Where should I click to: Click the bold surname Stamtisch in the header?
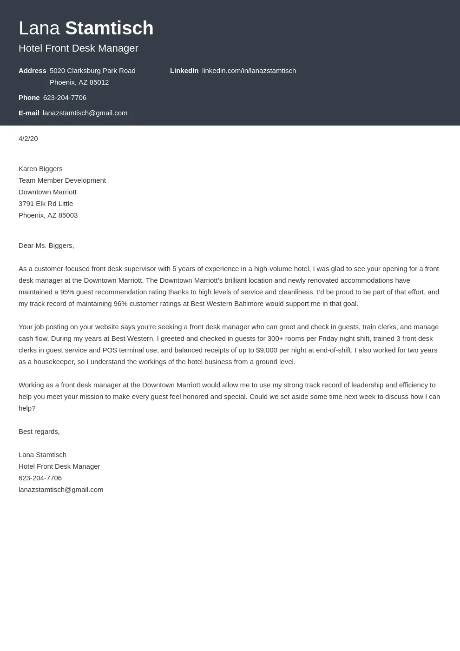click(109, 28)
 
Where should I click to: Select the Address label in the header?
click(33, 71)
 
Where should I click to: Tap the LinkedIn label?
click(184, 71)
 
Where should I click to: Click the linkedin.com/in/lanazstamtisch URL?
click(249, 71)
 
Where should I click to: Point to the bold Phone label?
click(29, 98)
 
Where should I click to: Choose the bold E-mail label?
click(29, 113)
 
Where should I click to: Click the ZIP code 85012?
click(99, 82)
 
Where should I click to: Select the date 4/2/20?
click(28, 139)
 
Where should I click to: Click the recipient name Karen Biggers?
click(40, 169)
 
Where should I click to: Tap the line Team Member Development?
click(62, 180)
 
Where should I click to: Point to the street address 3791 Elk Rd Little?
click(46, 204)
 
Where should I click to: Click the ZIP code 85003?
click(68, 215)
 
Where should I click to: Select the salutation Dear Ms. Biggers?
click(46, 246)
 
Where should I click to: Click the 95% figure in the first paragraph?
click(67, 292)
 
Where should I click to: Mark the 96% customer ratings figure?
click(120, 304)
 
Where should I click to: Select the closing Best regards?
click(39, 432)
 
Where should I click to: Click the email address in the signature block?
click(61, 490)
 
